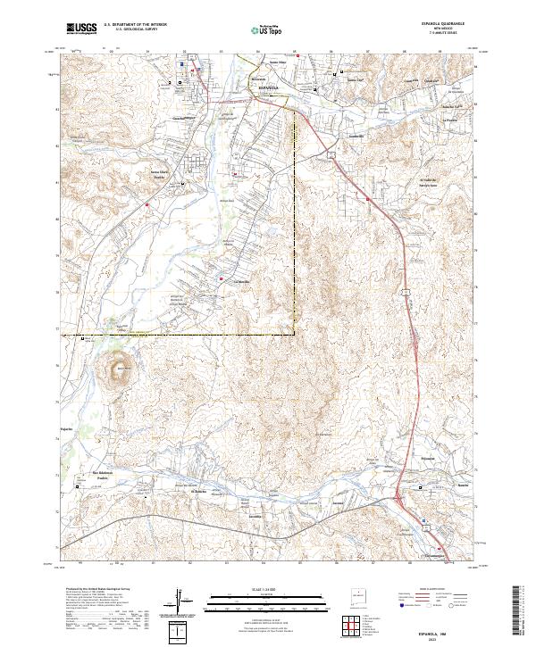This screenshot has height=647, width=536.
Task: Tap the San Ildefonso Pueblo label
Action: [x=105, y=474]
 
